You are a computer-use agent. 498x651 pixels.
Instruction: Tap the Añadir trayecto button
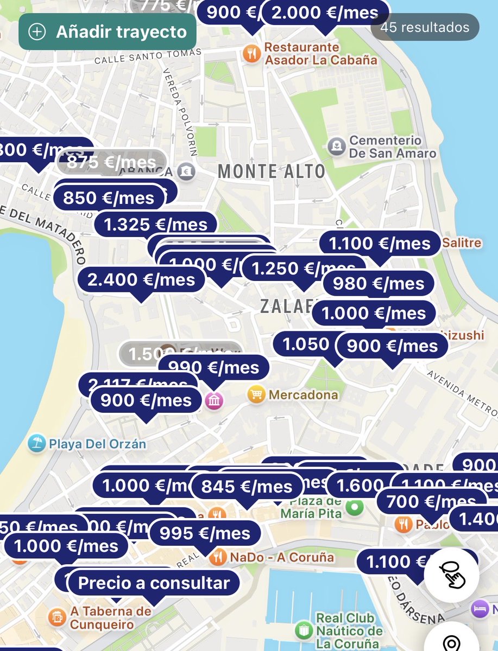(107, 31)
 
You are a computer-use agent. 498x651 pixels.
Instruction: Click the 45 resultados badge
(425, 27)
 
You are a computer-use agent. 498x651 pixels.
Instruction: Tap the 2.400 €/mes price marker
(141, 279)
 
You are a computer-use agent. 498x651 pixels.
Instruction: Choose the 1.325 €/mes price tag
(155, 225)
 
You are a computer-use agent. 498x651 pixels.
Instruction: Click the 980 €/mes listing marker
(379, 283)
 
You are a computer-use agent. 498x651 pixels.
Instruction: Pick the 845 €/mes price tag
(247, 487)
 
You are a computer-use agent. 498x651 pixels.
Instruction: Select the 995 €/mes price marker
(205, 533)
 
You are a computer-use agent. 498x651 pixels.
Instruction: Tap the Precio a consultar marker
(154, 583)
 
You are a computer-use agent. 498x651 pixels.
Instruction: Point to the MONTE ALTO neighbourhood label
(271, 171)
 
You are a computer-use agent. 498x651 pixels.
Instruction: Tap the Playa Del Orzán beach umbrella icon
(36, 443)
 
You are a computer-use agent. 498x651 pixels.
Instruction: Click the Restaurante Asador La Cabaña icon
(251, 54)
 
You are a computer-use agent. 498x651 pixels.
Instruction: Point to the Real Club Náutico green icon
(303, 631)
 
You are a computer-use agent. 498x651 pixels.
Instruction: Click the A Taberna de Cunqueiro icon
(56, 617)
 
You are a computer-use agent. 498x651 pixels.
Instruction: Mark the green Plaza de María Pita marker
(355, 508)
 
